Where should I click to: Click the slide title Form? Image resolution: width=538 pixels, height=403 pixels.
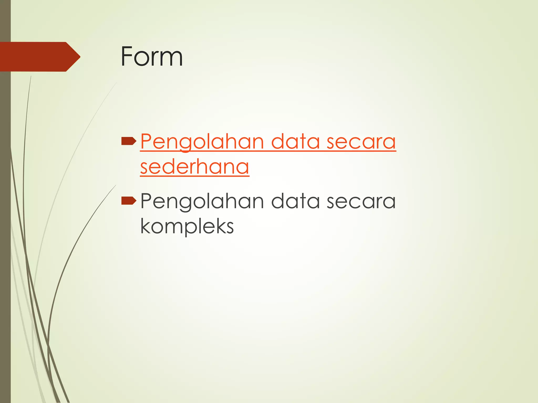coord(152,56)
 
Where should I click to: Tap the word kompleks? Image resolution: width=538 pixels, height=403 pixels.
coord(187,226)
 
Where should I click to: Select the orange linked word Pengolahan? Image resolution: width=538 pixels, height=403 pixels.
coord(202,142)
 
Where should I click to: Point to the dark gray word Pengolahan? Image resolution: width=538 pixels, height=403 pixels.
coord(202,201)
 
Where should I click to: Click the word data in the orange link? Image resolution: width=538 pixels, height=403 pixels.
coord(295,142)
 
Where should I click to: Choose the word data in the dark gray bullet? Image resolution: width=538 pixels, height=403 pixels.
coord(295,201)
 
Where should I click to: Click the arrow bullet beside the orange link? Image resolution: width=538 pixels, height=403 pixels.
coord(129,141)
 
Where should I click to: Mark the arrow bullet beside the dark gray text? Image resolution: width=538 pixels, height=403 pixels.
coord(129,201)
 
